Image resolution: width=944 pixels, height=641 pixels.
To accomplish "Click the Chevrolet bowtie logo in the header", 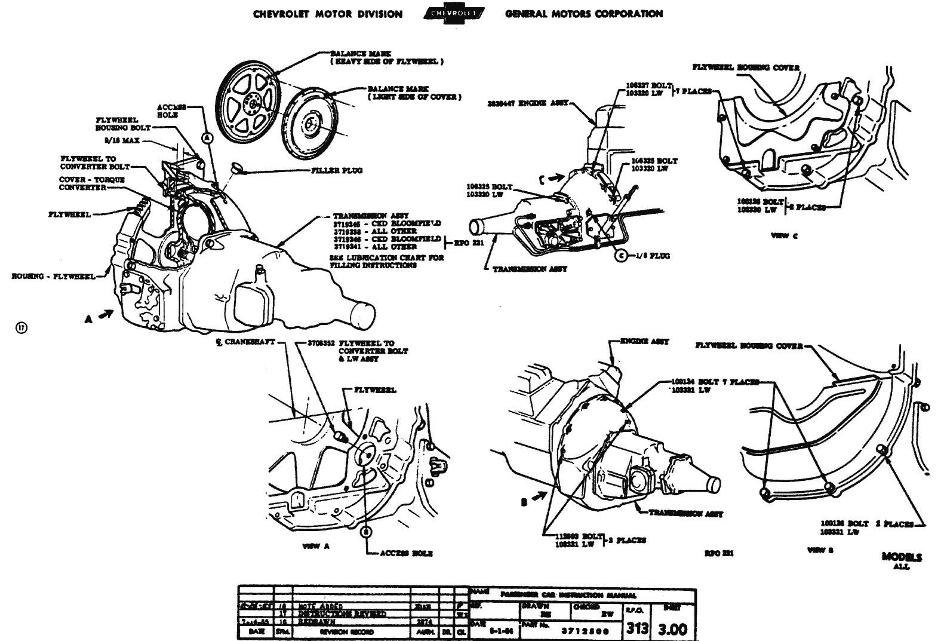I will [x=454, y=14].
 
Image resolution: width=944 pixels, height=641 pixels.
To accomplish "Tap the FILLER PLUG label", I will [x=337, y=170].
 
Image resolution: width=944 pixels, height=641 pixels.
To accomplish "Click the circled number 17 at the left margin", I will [x=21, y=327].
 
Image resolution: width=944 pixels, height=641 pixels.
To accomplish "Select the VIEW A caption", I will [x=316, y=546].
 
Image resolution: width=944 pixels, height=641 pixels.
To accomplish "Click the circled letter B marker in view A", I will [x=367, y=530].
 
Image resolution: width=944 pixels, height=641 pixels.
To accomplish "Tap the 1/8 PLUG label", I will [x=653, y=256].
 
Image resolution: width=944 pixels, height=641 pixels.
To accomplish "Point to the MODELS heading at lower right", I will [x=902, y=557].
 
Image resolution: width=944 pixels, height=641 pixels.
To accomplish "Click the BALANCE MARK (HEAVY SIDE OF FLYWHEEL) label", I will [x=386, y=57].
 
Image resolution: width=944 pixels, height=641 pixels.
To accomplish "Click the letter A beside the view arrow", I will [x=88, y=320].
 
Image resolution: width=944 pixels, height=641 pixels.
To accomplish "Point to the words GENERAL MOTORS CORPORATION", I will [x=583, y=14].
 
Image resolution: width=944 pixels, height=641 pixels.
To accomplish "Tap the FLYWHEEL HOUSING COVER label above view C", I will [x=745, y=68].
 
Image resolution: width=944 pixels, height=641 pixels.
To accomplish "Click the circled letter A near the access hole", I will [x=207, y=137].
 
